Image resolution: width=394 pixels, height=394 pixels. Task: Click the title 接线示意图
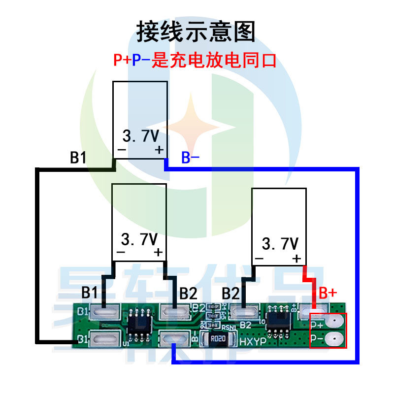coord(196,32)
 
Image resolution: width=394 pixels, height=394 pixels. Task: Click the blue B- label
coord(191,158)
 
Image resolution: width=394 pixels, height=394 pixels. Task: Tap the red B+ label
coord(328,293)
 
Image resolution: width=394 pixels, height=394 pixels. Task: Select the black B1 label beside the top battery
coord(78,158)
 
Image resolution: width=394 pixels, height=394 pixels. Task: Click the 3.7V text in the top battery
coord(140,135)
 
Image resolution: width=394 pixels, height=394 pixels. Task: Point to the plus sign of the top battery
coord(159,150)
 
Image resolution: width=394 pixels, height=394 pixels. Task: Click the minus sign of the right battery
coord(260,259)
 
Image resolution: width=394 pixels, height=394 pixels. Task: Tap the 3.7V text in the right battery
coord(280,244)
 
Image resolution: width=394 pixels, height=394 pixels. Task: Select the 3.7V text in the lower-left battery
coord(140,240)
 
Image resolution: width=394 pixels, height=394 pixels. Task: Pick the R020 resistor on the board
coord(217,339)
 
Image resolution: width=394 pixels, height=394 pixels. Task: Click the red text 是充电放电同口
coord(214,61)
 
